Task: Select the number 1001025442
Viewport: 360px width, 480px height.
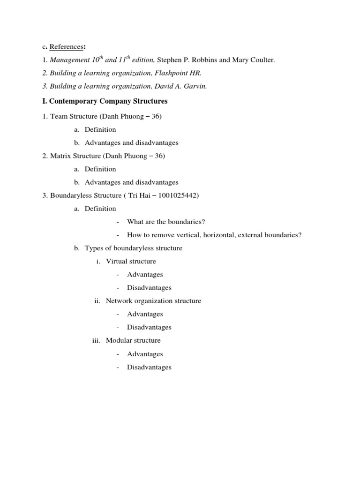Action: point(179,195)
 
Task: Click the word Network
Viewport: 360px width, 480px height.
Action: point(120,301)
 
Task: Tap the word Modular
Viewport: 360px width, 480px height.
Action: point(119,340)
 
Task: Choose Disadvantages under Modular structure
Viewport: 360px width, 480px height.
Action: point(149,367)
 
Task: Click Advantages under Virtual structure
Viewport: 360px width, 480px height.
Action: point(145,274)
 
